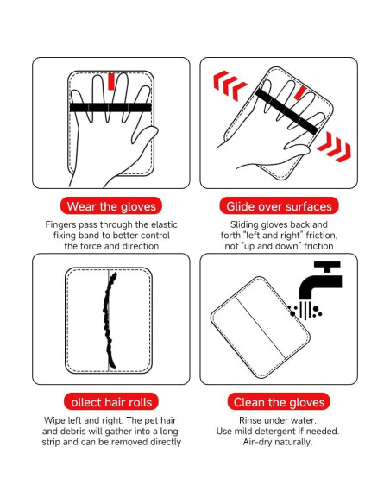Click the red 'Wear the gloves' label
coord(110,206)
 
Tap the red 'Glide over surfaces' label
coord(279,206)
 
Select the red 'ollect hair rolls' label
coord(110,402)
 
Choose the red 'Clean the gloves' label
coord(279,402)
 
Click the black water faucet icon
coord(321,284)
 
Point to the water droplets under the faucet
coord(310,311)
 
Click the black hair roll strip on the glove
coord(110,320)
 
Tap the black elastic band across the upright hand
coord(110,107)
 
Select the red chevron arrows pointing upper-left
coord(230,85)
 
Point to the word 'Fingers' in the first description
coord(63,224)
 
